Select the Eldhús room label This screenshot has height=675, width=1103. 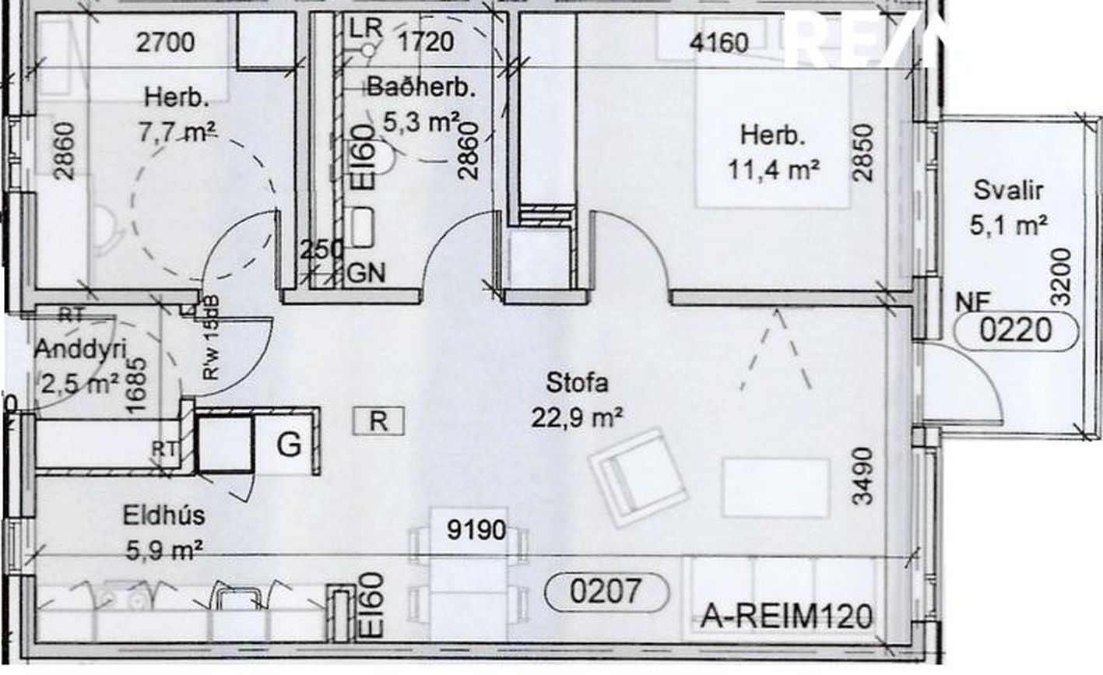pos(163,515)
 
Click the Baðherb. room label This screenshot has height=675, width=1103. pos(420,86)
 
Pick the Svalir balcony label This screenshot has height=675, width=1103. pos(1007,191)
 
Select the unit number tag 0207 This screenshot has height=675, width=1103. pos(608,592)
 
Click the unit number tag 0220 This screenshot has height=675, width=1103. pos(1016,332)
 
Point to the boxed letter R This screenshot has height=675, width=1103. pos(378,421)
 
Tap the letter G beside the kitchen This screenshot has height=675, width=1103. pos(289,445)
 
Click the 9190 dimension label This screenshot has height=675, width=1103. pos(476,530)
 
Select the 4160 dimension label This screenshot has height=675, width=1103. pos(720,41)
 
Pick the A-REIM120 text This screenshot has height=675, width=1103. pos(786,617)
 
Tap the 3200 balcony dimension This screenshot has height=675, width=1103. pos(1060,276)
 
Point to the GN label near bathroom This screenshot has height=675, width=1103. pos(366,273)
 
